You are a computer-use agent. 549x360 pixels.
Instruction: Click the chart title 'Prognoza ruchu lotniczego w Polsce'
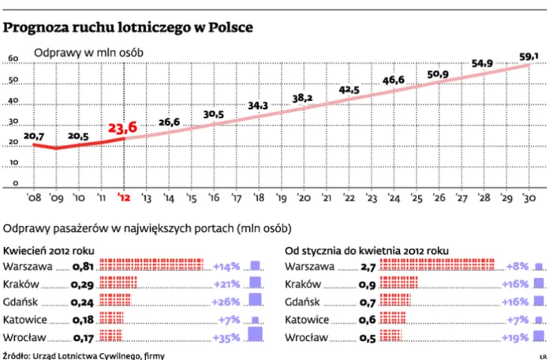[128, 28]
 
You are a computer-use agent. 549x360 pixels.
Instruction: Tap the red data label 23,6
[122, 128]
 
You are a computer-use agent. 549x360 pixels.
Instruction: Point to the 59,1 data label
[528, 56]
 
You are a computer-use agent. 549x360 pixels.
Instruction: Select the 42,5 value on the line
[349, 90]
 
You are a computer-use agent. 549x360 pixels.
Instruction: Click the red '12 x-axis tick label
[123, 197]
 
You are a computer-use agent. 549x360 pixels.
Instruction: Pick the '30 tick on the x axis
[528, 197]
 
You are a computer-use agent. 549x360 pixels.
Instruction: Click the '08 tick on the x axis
[34, 197]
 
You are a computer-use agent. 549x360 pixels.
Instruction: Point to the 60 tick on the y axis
[13, 58]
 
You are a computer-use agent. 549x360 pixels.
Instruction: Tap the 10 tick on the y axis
[13, 163]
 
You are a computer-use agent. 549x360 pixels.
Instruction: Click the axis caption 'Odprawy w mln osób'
[88, 53]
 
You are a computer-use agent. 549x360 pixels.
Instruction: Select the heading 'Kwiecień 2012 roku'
[49, 251]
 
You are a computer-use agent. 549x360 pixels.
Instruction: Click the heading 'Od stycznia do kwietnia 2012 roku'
[367, 251]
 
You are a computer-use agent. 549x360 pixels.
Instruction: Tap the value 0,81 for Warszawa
[83, 267]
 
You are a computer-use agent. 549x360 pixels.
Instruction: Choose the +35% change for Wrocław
[226, 338]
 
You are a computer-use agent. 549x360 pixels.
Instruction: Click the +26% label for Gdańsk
[226, 302]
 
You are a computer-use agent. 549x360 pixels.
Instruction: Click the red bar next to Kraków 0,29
[118, 283]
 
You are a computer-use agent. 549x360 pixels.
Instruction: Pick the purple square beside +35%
[255, 334]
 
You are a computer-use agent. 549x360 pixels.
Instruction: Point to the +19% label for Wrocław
[515, 338]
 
